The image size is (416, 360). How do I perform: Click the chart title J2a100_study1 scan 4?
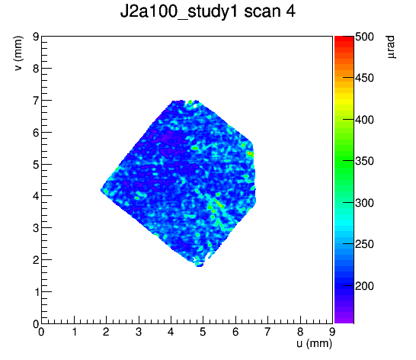207,11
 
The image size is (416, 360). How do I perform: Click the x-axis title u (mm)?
315,343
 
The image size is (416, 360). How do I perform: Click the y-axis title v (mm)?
18,53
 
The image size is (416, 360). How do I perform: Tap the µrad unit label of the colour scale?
391,47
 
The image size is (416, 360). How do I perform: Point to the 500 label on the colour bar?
364,37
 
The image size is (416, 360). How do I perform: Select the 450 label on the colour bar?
364,78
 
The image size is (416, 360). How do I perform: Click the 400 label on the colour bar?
364,120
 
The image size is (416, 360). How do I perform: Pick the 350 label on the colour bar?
364,161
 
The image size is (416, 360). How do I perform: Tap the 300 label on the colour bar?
364,203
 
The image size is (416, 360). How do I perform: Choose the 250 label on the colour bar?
364,244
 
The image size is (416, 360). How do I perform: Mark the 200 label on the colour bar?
364,286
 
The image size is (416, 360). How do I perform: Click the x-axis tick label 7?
267,332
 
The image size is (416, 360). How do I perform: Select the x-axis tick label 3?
138,332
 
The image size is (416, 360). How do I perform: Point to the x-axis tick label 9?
332,332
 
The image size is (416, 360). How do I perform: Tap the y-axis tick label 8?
36,69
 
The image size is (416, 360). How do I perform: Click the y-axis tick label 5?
36,165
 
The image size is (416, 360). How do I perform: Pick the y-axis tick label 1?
37,292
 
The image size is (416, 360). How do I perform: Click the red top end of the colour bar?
344,37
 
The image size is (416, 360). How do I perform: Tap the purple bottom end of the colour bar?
344,321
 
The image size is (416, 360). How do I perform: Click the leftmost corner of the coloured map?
101,189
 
